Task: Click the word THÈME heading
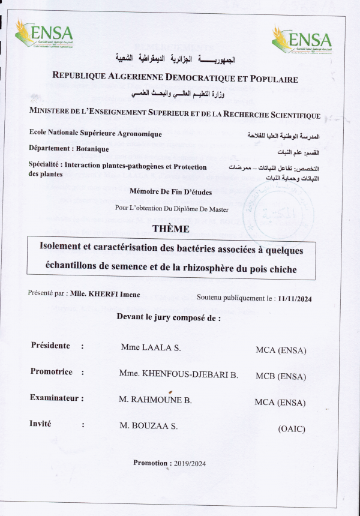171,229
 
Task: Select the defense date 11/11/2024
295,298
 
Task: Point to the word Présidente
50,346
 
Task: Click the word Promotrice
52,371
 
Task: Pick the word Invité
41,424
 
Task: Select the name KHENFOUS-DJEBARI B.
191,375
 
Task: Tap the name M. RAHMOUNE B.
155,401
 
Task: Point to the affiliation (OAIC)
292,428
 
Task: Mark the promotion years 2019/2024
189,463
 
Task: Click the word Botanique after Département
91,148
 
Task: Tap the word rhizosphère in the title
193,269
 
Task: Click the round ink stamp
278,212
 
